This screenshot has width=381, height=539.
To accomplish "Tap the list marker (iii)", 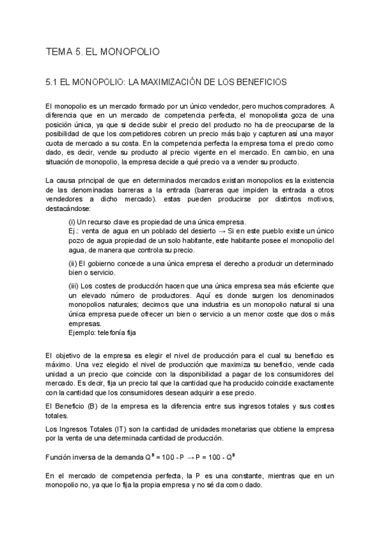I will pyautogui.click(x=74, y=286).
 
